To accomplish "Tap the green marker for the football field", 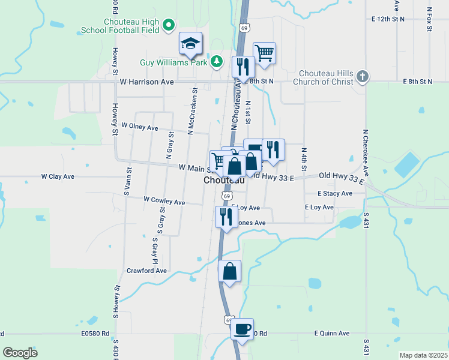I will tap(169, 25).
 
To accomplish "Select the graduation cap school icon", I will tap(191, 43).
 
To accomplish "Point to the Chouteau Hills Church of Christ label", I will tap(324, 77).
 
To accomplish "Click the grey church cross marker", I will tap(361, 76).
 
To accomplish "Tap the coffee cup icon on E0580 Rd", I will tap(242, 329).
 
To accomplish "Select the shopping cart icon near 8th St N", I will tap(264, 53).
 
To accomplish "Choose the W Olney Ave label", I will tap(139, 127).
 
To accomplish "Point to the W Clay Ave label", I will tap(58, 177).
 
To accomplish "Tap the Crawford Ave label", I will tap(146, 271).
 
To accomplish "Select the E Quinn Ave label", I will tap(331, 334).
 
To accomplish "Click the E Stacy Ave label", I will tap(335, 194).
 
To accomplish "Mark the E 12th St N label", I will tap(388, 19).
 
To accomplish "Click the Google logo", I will tap(20, 353).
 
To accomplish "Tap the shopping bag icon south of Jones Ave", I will tap(230, 272).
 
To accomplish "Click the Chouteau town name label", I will tap(223, 180).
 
